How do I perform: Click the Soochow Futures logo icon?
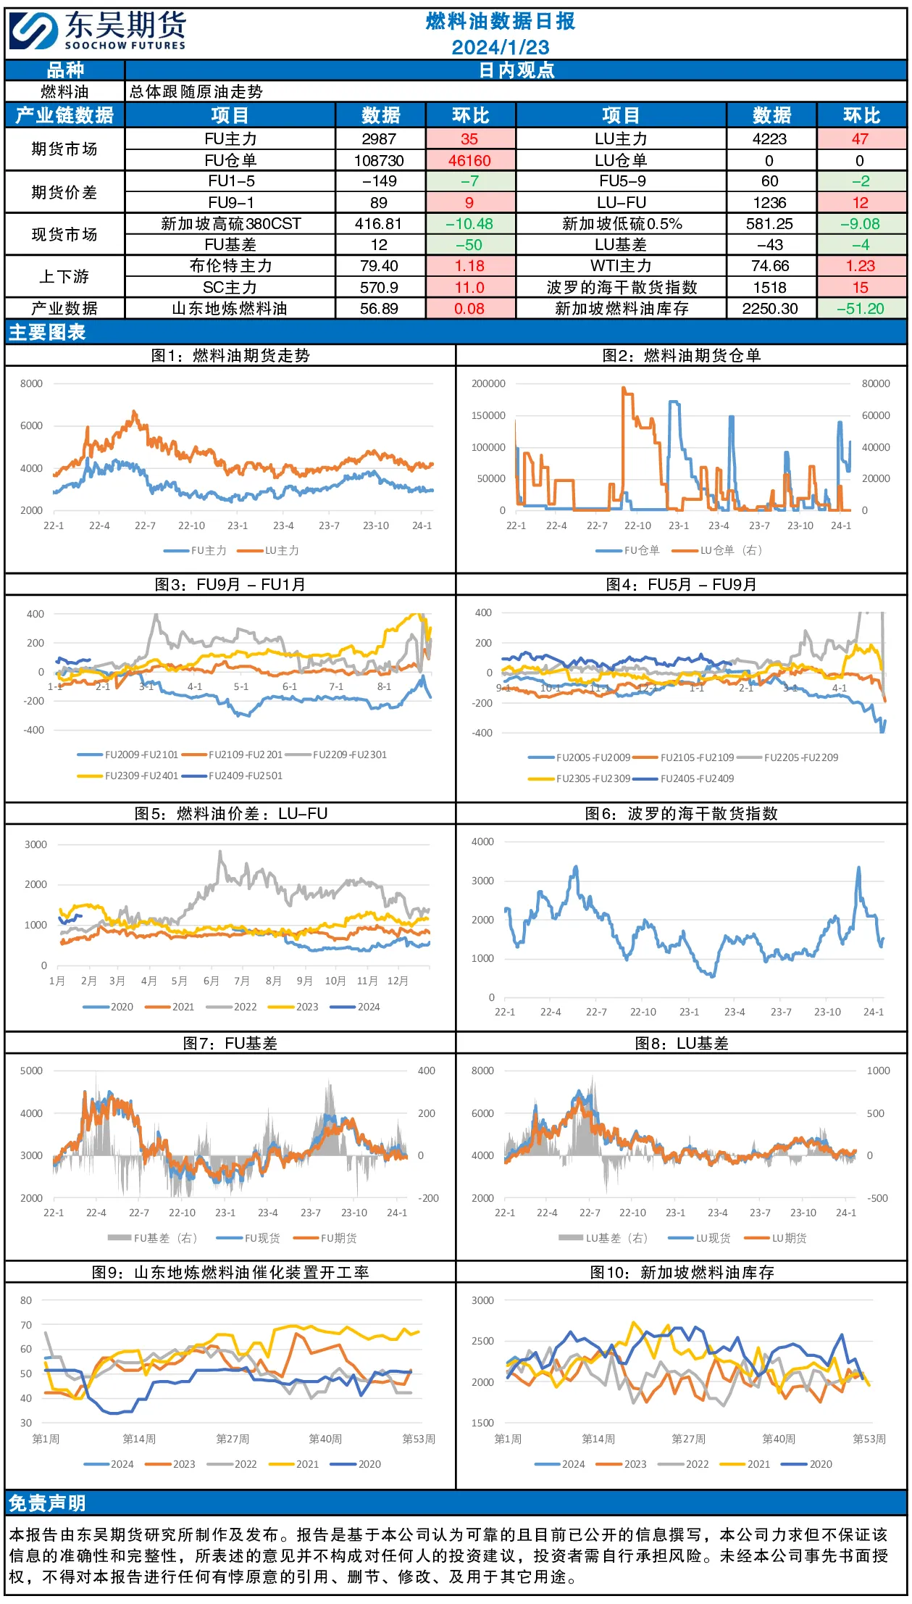(33, 32)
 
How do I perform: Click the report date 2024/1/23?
(501, 47)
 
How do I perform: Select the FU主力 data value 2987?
(379, 138)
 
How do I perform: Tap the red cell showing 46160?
(469, 160)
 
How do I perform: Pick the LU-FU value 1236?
(769, 202)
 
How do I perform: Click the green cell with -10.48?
(469, 224)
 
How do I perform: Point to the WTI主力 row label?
(621, 266)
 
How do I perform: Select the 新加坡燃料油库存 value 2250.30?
(769, 309)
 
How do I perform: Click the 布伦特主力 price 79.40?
(379, 266)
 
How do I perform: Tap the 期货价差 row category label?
(64, 192)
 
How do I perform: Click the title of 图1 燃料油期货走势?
(230, 355)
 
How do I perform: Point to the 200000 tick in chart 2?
(488, 383)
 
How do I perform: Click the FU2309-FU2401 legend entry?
(128, 776)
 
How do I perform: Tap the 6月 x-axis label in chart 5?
(211, 981)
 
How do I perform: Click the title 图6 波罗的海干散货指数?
(681, 813)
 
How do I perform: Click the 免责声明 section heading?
(47, 1503)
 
